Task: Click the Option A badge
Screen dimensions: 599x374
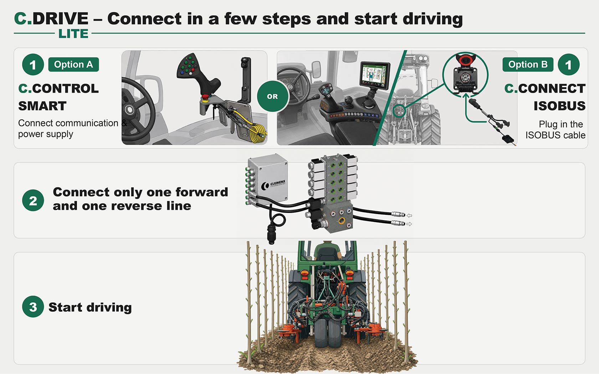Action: [x=73, y=64]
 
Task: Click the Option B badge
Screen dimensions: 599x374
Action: [x=528, y=64]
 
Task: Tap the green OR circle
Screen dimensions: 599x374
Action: [x=272, y=96]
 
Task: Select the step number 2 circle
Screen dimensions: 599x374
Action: [x=33, y=200]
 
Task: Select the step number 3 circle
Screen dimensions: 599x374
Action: [x=33, y=307]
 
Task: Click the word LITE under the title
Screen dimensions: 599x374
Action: [x=73, y=33]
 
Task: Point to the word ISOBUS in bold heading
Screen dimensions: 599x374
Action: [x=559, y=106]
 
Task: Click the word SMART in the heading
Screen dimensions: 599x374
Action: [x=42, y=106]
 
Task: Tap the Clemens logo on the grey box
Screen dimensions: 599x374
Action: [x=273, y=185]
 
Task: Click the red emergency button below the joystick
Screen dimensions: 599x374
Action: [x=205, y=97]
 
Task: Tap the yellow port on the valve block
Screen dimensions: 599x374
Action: [x=342, y=220]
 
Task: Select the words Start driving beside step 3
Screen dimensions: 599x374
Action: [x=90, y=307]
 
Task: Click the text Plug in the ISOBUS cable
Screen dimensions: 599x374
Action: [x=556, y=130]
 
